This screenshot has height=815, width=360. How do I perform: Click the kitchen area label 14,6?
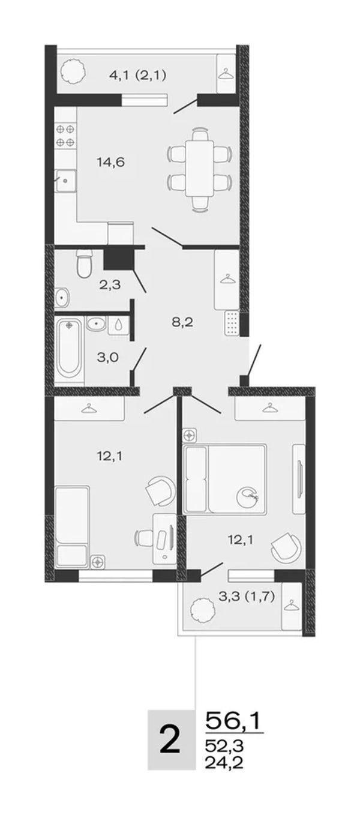pyautogui.click(x=110, y=162)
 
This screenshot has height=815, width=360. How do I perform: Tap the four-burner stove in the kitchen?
pyautogui.click(x=65, y=135)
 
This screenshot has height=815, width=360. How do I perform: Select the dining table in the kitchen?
pyautogui.click(x=199, y=169)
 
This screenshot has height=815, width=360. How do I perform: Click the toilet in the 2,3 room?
pyautogui.click(x=84, y=263)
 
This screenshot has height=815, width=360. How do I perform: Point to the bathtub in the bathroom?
pyautogui.click(x=69, y=348)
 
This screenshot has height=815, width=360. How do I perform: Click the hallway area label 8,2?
pyautogui.click(x=182, y=322)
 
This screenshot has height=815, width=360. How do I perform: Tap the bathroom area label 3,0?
pyautogui.click(x=107, y=358)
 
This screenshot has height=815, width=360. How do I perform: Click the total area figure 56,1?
pyautogui.click(x=233, y=721)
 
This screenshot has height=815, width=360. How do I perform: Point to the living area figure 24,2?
pyautogui.click(x=224, y=761)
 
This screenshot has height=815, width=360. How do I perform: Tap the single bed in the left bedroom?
pyautogui.click(x=72, y=526)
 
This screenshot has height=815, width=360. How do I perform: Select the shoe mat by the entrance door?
pyautogui.click(x=231, y=322)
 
